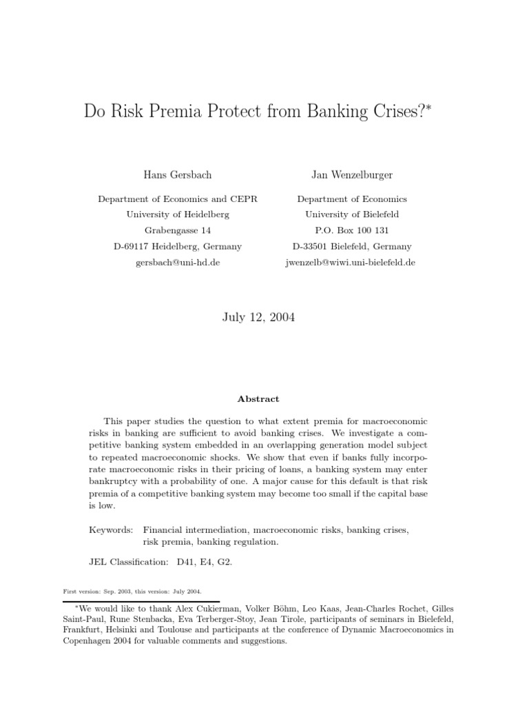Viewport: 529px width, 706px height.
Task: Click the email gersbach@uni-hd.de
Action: pos(178,263)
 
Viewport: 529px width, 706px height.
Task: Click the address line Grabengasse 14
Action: pos(178,230)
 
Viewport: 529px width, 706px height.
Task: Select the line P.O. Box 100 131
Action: pos(351,230)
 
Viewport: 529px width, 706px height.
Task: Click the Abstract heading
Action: pos(258,399)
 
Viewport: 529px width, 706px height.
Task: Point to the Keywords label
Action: pos(111,529)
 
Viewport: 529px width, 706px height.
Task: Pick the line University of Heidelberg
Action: pos(178,214)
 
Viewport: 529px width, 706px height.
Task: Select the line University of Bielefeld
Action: pos(351,214)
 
